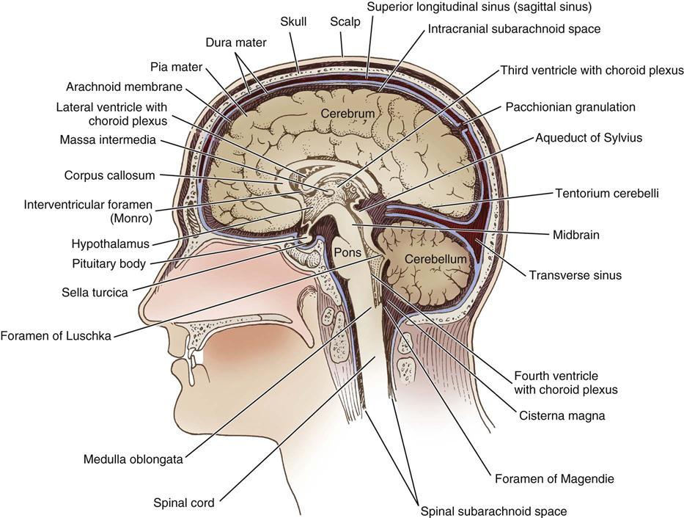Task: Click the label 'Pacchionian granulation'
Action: (x=570, y=107)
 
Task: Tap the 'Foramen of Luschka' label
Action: (x=56, y=336)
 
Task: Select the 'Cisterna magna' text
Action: (x=562, y=415)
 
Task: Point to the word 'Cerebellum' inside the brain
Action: (x=435, y=259)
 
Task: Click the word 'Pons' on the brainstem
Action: (x=347, y=252)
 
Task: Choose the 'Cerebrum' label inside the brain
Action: (x=347, y=114)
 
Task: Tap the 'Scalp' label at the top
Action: (x=345, y=21)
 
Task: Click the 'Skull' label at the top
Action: (x=293, y=21)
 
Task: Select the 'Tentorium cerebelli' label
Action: (x=607, y=193)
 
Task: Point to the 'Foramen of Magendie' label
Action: (x=554, y=478)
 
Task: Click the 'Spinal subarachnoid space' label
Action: (x=494, y=511)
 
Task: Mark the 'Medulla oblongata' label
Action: (x=133, y=459)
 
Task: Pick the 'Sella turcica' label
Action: (x=95, y=292)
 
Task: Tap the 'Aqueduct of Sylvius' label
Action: (x=589, y=138)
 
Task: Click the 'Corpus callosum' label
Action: (x=109, y=175)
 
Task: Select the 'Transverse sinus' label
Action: (x=575, y=275)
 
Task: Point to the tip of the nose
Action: (x=141, y=304)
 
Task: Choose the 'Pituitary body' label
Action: (x=109, y=264)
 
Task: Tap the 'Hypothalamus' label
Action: (x=111, y=244)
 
